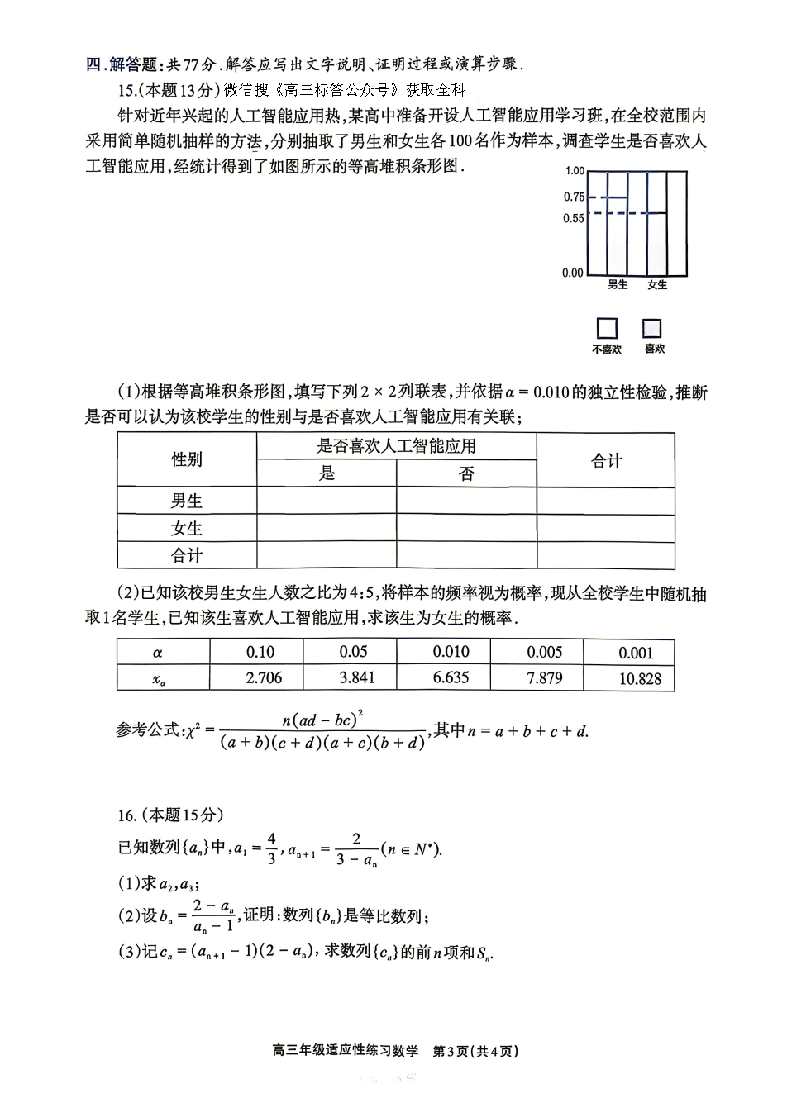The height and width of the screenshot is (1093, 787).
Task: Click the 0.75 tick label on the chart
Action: tap(574, 197)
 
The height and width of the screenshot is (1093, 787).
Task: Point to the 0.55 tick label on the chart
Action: tap(574, 218)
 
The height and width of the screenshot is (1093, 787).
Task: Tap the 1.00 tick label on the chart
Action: tap(574, 171)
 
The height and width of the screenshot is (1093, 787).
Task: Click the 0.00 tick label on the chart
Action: tap(572, 273)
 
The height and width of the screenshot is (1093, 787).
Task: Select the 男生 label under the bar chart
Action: tap(618, 285)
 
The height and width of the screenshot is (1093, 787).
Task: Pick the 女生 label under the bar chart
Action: tap(657, 285)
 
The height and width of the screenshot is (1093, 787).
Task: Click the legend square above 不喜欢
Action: tap(607, 328)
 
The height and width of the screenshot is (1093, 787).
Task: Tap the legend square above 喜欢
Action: tap(652, 328)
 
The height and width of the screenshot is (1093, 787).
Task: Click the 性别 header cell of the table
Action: tap(187, 459)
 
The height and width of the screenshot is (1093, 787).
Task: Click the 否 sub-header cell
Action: tap(466, 473)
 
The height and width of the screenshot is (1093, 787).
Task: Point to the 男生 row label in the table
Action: tap(187, 501)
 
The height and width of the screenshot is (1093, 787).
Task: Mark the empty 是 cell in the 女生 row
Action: tap(327, 528)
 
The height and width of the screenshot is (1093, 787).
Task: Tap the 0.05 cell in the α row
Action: tap(354, 652)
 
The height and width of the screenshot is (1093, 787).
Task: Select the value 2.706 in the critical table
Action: tap(264, 678)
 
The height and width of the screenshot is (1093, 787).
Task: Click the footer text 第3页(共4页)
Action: tap(475, 1052)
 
